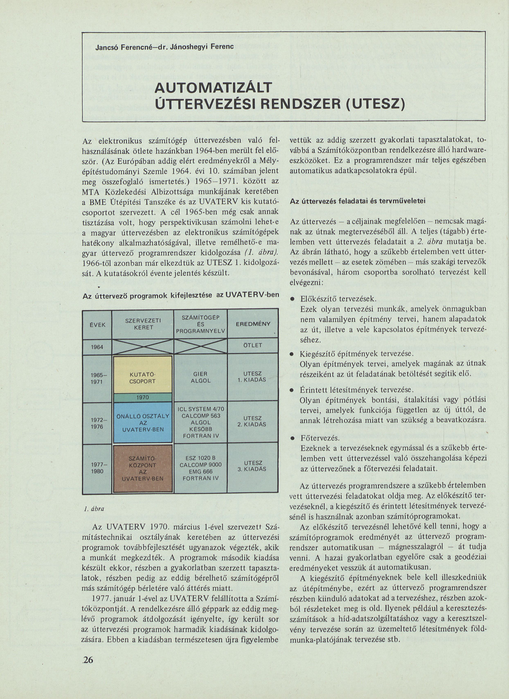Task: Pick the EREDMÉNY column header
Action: [253, 324]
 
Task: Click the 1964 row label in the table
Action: [97, 347]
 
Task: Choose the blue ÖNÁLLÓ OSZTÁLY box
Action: [143, 422]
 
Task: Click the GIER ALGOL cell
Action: [200, 377]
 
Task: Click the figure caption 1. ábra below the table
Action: [94, 509]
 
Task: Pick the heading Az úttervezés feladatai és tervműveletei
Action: [358, 201]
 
